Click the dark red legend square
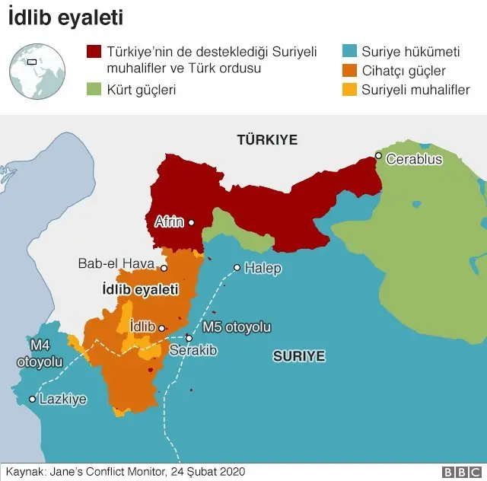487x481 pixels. (94, 52)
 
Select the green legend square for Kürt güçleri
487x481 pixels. (94, 90)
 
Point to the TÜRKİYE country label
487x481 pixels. (266, 140)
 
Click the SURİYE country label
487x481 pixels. (299, 355)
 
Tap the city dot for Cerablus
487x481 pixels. (377, 156)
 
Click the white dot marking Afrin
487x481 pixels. (191, 222)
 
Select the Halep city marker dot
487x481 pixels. (237, 268)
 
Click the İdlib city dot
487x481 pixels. (161, 328)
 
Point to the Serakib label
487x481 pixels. (193, 350)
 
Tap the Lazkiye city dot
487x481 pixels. (32, 399)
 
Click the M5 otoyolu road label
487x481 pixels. (237, 327)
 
